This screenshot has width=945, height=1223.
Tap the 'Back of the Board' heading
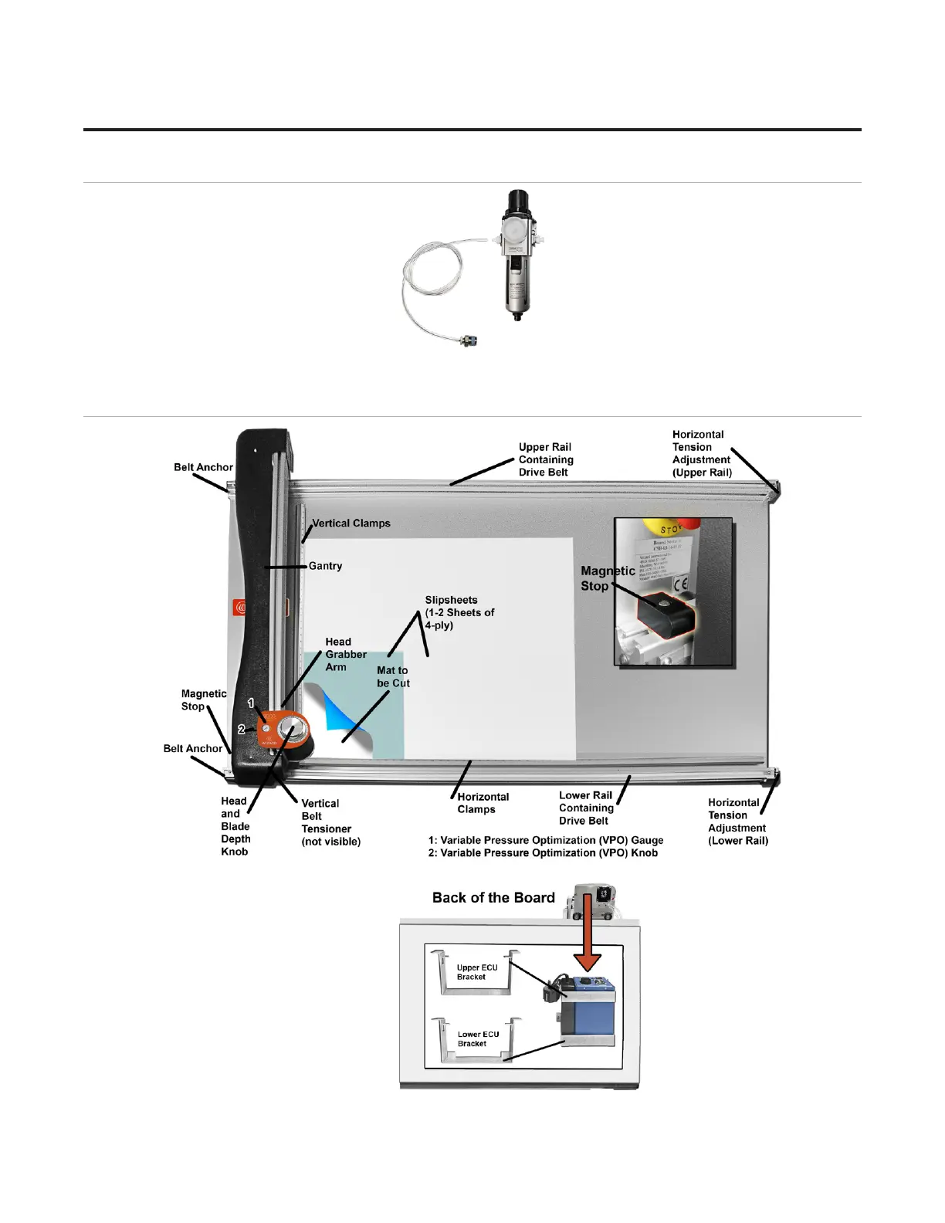tap(493, 898)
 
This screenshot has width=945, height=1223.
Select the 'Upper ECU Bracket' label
tap(477, 972)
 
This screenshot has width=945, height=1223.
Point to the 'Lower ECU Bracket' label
tap(478, 1039)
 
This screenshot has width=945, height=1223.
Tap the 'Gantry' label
tap(325, 566)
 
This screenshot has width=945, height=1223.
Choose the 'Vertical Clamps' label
tap(351, 523)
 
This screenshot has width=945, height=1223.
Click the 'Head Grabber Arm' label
tap(345, 654)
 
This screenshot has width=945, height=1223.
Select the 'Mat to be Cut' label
tap(393, 677)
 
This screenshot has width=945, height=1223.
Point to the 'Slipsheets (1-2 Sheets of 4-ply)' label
tap(459, 612)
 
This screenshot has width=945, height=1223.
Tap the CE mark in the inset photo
tap(680, 584)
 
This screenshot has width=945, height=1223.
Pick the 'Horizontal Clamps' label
tap(483, 803)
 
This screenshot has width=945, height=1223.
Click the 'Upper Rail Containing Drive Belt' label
tap(545, 459)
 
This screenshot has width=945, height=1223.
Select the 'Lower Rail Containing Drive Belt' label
tap(586, 808)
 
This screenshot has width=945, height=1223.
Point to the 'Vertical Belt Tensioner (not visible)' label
tap(330, 822)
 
